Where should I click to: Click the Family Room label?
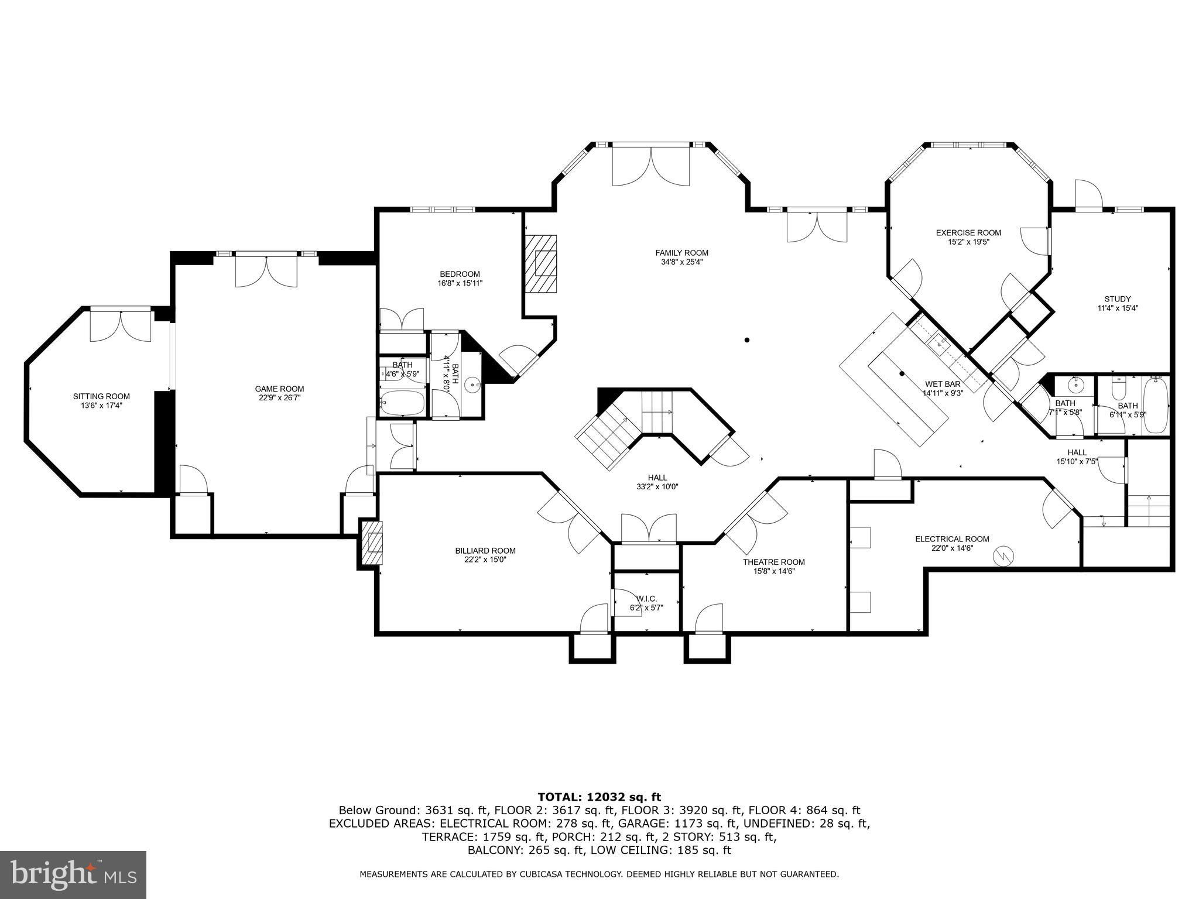681,253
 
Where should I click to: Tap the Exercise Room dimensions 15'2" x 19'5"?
968,241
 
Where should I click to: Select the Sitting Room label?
101,396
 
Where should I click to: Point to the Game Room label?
279,389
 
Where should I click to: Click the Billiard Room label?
485,550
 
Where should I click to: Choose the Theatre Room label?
774,562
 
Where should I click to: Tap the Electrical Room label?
953,539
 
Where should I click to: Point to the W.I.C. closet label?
647,599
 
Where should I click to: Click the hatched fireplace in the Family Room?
540,263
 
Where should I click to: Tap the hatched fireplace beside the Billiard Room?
371,543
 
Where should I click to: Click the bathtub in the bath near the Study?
1156,406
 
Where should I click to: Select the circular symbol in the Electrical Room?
1005,556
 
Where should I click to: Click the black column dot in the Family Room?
747,340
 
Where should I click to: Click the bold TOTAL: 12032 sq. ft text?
599,797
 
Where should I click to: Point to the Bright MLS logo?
73,874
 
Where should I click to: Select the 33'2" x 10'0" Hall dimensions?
657,486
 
